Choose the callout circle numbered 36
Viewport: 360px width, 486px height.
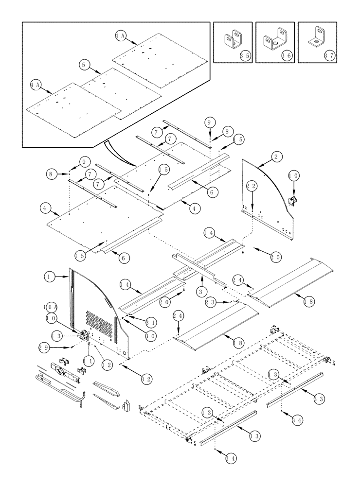coord(287,56)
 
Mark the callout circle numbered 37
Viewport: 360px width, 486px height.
coord(329,56)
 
